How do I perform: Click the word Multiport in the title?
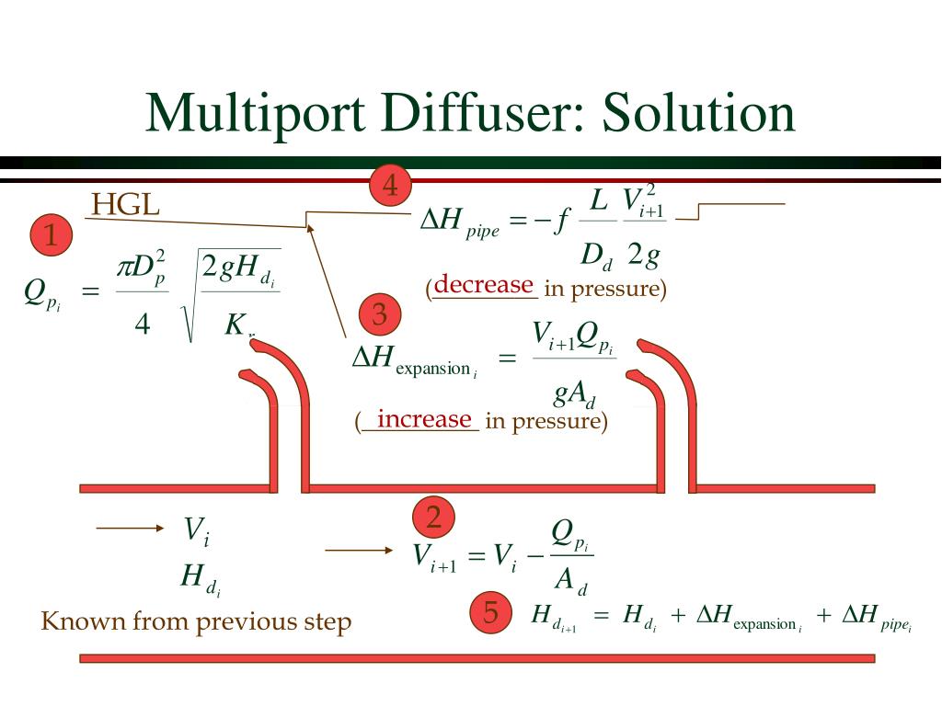coord(262,114)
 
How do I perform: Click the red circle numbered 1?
coord(52,237)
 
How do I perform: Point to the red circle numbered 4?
coord(390,187)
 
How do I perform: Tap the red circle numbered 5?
coord(490,614)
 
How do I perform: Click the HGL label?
coord(126,205)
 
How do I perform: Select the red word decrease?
coord(484,285)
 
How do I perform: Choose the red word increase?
coord(424,419)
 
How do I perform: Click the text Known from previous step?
coord(196,621)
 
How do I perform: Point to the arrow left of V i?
coord(129,529)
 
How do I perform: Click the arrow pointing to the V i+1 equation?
coord(359,550)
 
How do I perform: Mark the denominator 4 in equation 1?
coord(142,325)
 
